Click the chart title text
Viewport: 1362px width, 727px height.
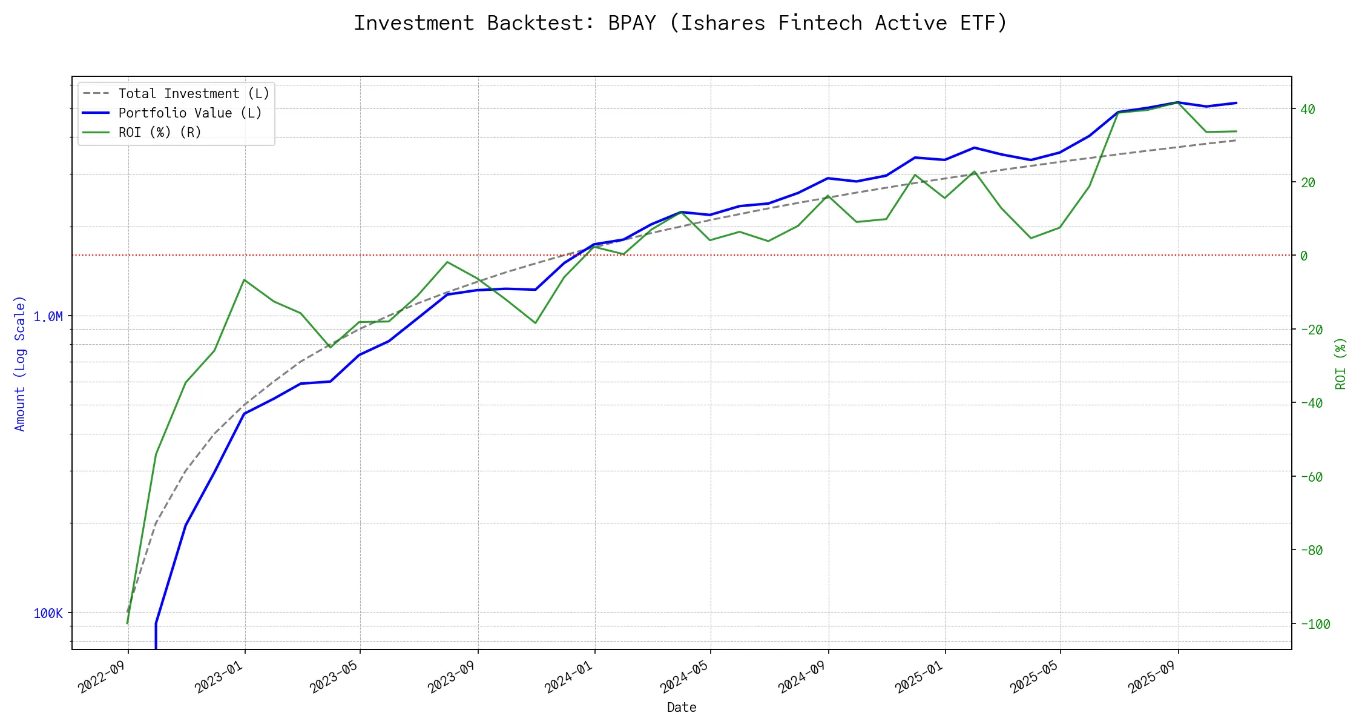(x=680, y=23)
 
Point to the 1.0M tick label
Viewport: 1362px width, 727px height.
(x=48, y=316)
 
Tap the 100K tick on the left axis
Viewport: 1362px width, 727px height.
(x=48, y=613)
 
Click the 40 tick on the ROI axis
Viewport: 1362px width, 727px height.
(x=1308, y=110)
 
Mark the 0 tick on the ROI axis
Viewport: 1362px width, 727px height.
(x=1304, y=256)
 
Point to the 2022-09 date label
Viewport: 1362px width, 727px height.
(x=102, y=677)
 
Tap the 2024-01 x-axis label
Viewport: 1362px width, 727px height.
(x=568, y=677)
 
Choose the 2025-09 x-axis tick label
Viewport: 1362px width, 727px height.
(x=1151, y=677)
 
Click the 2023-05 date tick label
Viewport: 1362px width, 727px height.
(x=334, y=677)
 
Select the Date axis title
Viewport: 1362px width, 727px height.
(x=682, y=708)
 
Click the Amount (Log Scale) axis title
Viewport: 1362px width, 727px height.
(x=20, y=363)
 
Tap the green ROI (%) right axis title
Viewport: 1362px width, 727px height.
(x=1340, y=363)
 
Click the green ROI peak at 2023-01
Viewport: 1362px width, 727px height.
(x=244, y=280)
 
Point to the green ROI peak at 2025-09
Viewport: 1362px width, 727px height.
(x=1178, y=103)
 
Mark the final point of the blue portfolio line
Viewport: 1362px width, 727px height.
(x=1236, y=103)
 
